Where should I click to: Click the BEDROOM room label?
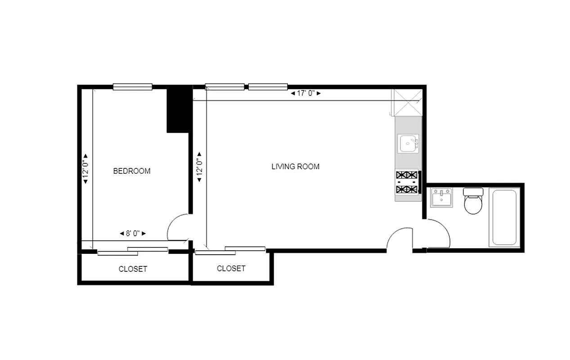(x=131, y=171)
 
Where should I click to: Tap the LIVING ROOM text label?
(x=295, y=166)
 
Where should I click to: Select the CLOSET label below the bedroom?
(x=133, y=269)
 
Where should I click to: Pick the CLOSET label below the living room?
(x=231, y=268)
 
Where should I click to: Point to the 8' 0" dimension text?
(x=133, y=234)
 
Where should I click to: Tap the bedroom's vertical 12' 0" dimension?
(x=85, y=168)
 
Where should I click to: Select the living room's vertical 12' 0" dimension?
(x=198, y=166)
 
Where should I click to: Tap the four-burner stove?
(x=407, y=182)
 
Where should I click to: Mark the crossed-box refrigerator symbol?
(x=408, y=103)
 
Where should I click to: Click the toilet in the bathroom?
(x=473, y=201)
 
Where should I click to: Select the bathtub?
(x=504, y=217)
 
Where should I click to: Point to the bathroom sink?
(x=441, y=198)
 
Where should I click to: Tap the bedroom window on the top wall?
(x=132, y=87)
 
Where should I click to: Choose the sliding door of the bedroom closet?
(x=133, y=251)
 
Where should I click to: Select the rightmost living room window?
(x=268, y=87)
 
